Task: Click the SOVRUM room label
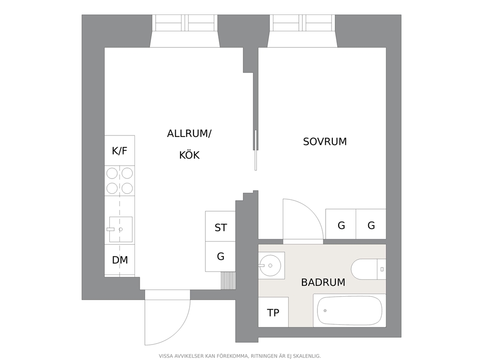325,142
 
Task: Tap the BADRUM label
323,283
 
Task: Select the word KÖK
189,155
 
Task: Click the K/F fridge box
120,150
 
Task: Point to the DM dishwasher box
120,260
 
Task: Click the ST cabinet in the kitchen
220,227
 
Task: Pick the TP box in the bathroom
273,313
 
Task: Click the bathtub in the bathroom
349,310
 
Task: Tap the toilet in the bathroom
368,270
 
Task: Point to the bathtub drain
325,311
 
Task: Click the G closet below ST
220,256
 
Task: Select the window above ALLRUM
184,23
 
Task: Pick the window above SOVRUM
302,23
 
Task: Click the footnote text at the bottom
240,356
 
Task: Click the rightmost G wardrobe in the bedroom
371,225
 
